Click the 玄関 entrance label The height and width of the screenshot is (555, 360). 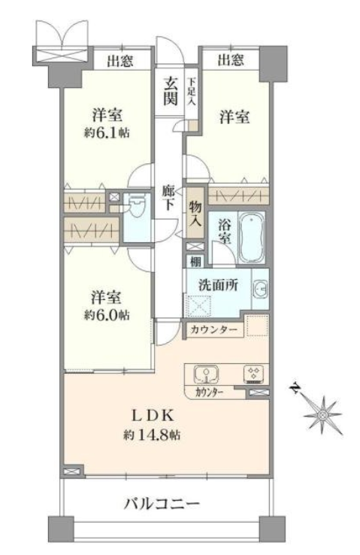tap(170, 91)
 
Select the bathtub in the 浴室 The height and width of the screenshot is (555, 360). tap(252, 236)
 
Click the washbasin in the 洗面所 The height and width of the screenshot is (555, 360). tap(261, 288)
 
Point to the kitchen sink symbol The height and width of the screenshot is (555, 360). tap(206, 375)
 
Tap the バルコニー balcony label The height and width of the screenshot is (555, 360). tap(162, 503)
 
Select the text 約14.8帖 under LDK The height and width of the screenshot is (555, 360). tap(152, 435)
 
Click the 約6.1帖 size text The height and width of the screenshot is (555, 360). tap(107, 133)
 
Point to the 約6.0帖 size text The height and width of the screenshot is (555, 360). tap(107, 314)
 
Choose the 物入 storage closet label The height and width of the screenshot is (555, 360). tap(195, 214)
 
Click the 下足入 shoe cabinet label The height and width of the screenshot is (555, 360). tap(192, 92)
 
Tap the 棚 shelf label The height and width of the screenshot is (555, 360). tap(195, 262)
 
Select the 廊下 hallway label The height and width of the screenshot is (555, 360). tap(168, 198)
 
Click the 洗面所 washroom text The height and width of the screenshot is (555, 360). tap(218, 285)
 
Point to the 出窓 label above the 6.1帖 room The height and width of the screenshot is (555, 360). tap(120, 61)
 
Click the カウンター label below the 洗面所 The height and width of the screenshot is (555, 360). tap(214, 330)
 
